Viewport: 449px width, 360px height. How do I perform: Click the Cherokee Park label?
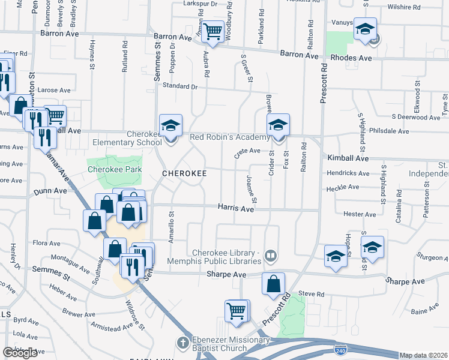[x=115, y=169]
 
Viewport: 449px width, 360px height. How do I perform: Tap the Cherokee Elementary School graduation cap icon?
[x=170, y=126]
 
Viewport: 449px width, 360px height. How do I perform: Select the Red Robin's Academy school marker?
[x=278, y=125]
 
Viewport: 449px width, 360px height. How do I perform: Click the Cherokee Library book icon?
[x=271, y=256]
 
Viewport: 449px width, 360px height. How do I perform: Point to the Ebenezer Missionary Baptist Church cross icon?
[x=182, y=343]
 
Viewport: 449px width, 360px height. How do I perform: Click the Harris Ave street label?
[x=235, y=208]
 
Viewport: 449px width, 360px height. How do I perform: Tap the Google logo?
[x=20, y=353]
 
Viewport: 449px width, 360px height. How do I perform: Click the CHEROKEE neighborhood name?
[x=185, y=173]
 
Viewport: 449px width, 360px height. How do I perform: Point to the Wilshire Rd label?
[x=405, y=7]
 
